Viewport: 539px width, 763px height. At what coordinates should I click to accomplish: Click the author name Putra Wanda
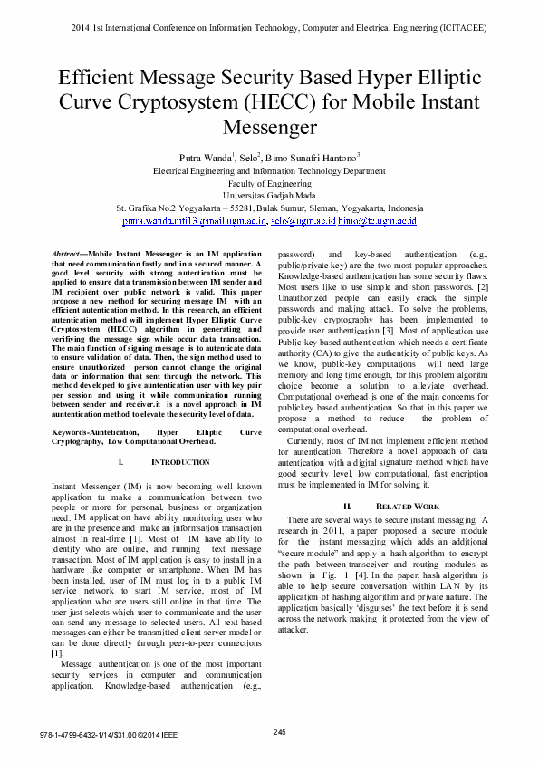207,157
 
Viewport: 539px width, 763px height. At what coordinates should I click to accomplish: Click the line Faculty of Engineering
269,182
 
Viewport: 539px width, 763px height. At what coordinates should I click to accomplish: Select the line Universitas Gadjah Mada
269,195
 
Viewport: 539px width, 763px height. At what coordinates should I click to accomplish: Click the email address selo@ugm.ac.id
303,220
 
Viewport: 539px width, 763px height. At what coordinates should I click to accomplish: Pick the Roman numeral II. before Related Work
348,505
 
